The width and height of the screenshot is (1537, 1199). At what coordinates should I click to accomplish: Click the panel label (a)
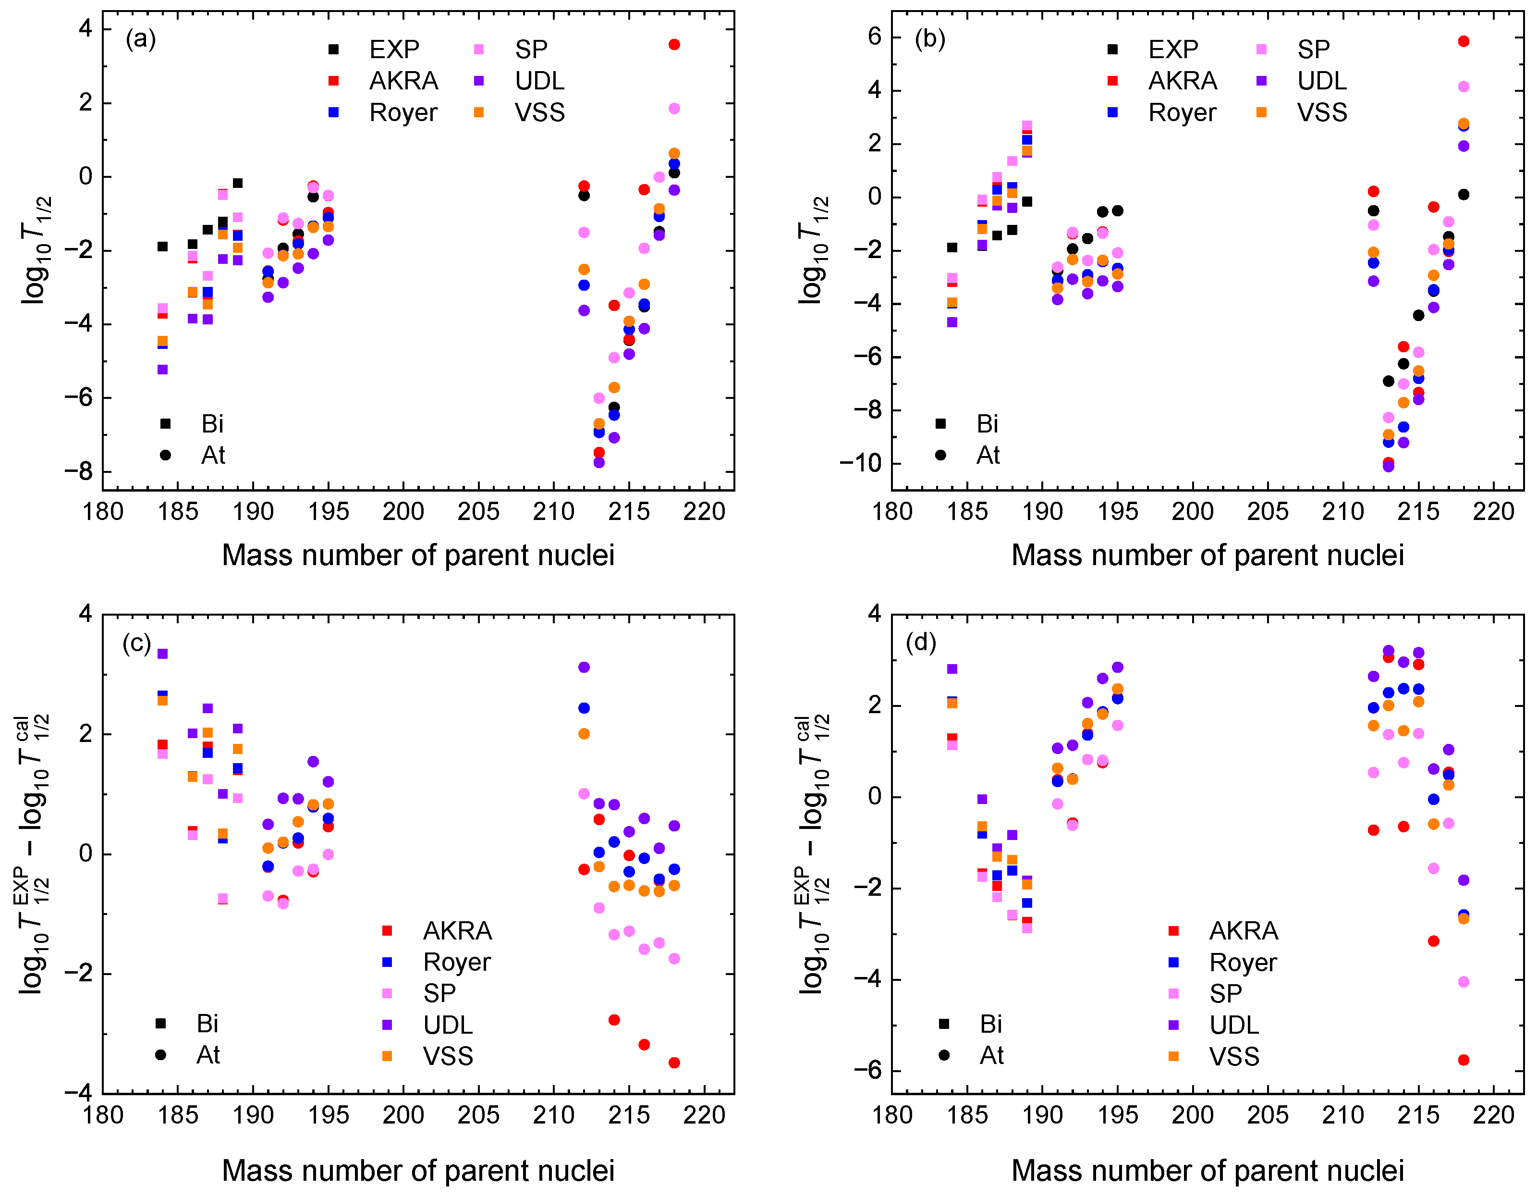click(x=141, y=39)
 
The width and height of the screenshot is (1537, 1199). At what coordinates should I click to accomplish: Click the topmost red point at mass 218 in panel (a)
click(x=674, y=44)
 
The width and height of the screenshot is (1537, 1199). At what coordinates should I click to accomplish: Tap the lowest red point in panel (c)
click(x=674, y=1063)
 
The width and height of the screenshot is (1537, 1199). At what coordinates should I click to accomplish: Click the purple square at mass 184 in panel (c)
click(x=162, y=654)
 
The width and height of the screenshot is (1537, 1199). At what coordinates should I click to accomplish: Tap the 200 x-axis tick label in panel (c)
click(x=403, y=1115)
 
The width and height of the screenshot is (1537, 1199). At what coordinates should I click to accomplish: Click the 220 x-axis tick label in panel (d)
click(x=1493, y=1115)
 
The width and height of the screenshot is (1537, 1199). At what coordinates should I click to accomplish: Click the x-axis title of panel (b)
click(x=1207, y=556)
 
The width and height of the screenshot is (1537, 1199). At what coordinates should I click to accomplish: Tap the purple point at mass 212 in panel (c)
click(x=584, y=667)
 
